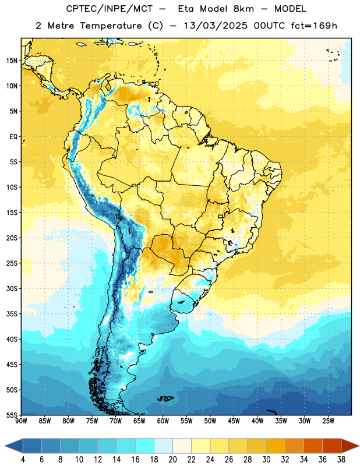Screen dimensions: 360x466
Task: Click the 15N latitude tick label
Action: point(12,61)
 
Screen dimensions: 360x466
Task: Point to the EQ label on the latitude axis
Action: point(13,137)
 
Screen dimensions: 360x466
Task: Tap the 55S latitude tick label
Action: point(12,415)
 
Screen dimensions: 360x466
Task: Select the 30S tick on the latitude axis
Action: point(12,288)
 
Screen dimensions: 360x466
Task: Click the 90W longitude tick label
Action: point(21,421)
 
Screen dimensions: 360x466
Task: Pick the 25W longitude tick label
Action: point(328,421)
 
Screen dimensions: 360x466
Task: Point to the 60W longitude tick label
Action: point(163,421)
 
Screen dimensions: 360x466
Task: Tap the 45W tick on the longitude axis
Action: point(234,421)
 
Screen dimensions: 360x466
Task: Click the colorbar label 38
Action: point(341,460)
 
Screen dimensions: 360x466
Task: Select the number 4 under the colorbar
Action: point(23,460)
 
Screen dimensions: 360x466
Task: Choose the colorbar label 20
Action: point(172,460)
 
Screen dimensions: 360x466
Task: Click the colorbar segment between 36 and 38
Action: point(332,446)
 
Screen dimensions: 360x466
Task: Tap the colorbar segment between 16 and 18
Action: point(144,446)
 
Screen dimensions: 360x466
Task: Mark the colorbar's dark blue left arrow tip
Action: point(5,446)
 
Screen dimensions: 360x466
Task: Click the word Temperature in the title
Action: point(111,26)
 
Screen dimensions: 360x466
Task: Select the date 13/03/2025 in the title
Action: point(215,26)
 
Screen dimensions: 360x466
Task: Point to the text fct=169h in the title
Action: point(314,26)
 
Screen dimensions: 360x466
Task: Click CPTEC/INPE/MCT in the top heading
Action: point(110,9)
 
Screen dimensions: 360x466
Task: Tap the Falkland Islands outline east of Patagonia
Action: point(165,398)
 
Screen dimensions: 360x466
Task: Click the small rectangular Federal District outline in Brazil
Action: point(221,216)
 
